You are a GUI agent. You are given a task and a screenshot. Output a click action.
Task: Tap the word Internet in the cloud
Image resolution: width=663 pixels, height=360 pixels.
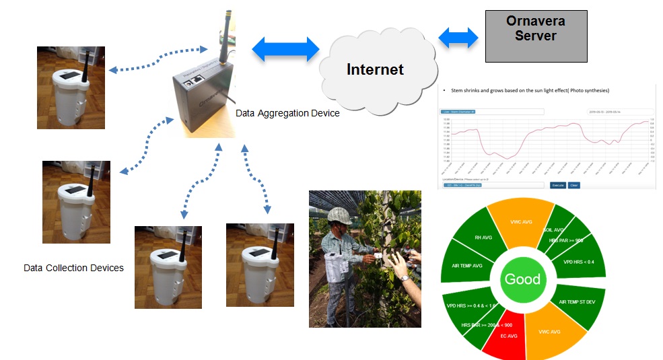[375, 69]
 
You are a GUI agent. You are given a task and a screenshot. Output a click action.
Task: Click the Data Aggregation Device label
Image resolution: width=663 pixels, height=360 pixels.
[287, 113]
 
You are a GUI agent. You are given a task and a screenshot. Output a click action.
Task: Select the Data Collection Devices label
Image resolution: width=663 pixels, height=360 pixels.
[73, 268]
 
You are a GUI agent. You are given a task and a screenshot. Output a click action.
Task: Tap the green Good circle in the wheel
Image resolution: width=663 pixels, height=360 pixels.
[522, 279]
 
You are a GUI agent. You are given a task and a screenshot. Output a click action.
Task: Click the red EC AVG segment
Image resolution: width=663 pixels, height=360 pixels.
[500, 335]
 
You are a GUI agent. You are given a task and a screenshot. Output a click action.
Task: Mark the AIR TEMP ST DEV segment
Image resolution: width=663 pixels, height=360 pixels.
[577, 302]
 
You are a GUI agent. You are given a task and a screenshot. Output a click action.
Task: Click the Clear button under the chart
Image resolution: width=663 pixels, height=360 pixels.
[574, 184]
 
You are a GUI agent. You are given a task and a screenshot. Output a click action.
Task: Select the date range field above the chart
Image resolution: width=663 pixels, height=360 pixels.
[619, 112]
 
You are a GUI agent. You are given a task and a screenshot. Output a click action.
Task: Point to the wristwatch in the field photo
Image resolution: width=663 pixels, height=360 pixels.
[403, 277]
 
